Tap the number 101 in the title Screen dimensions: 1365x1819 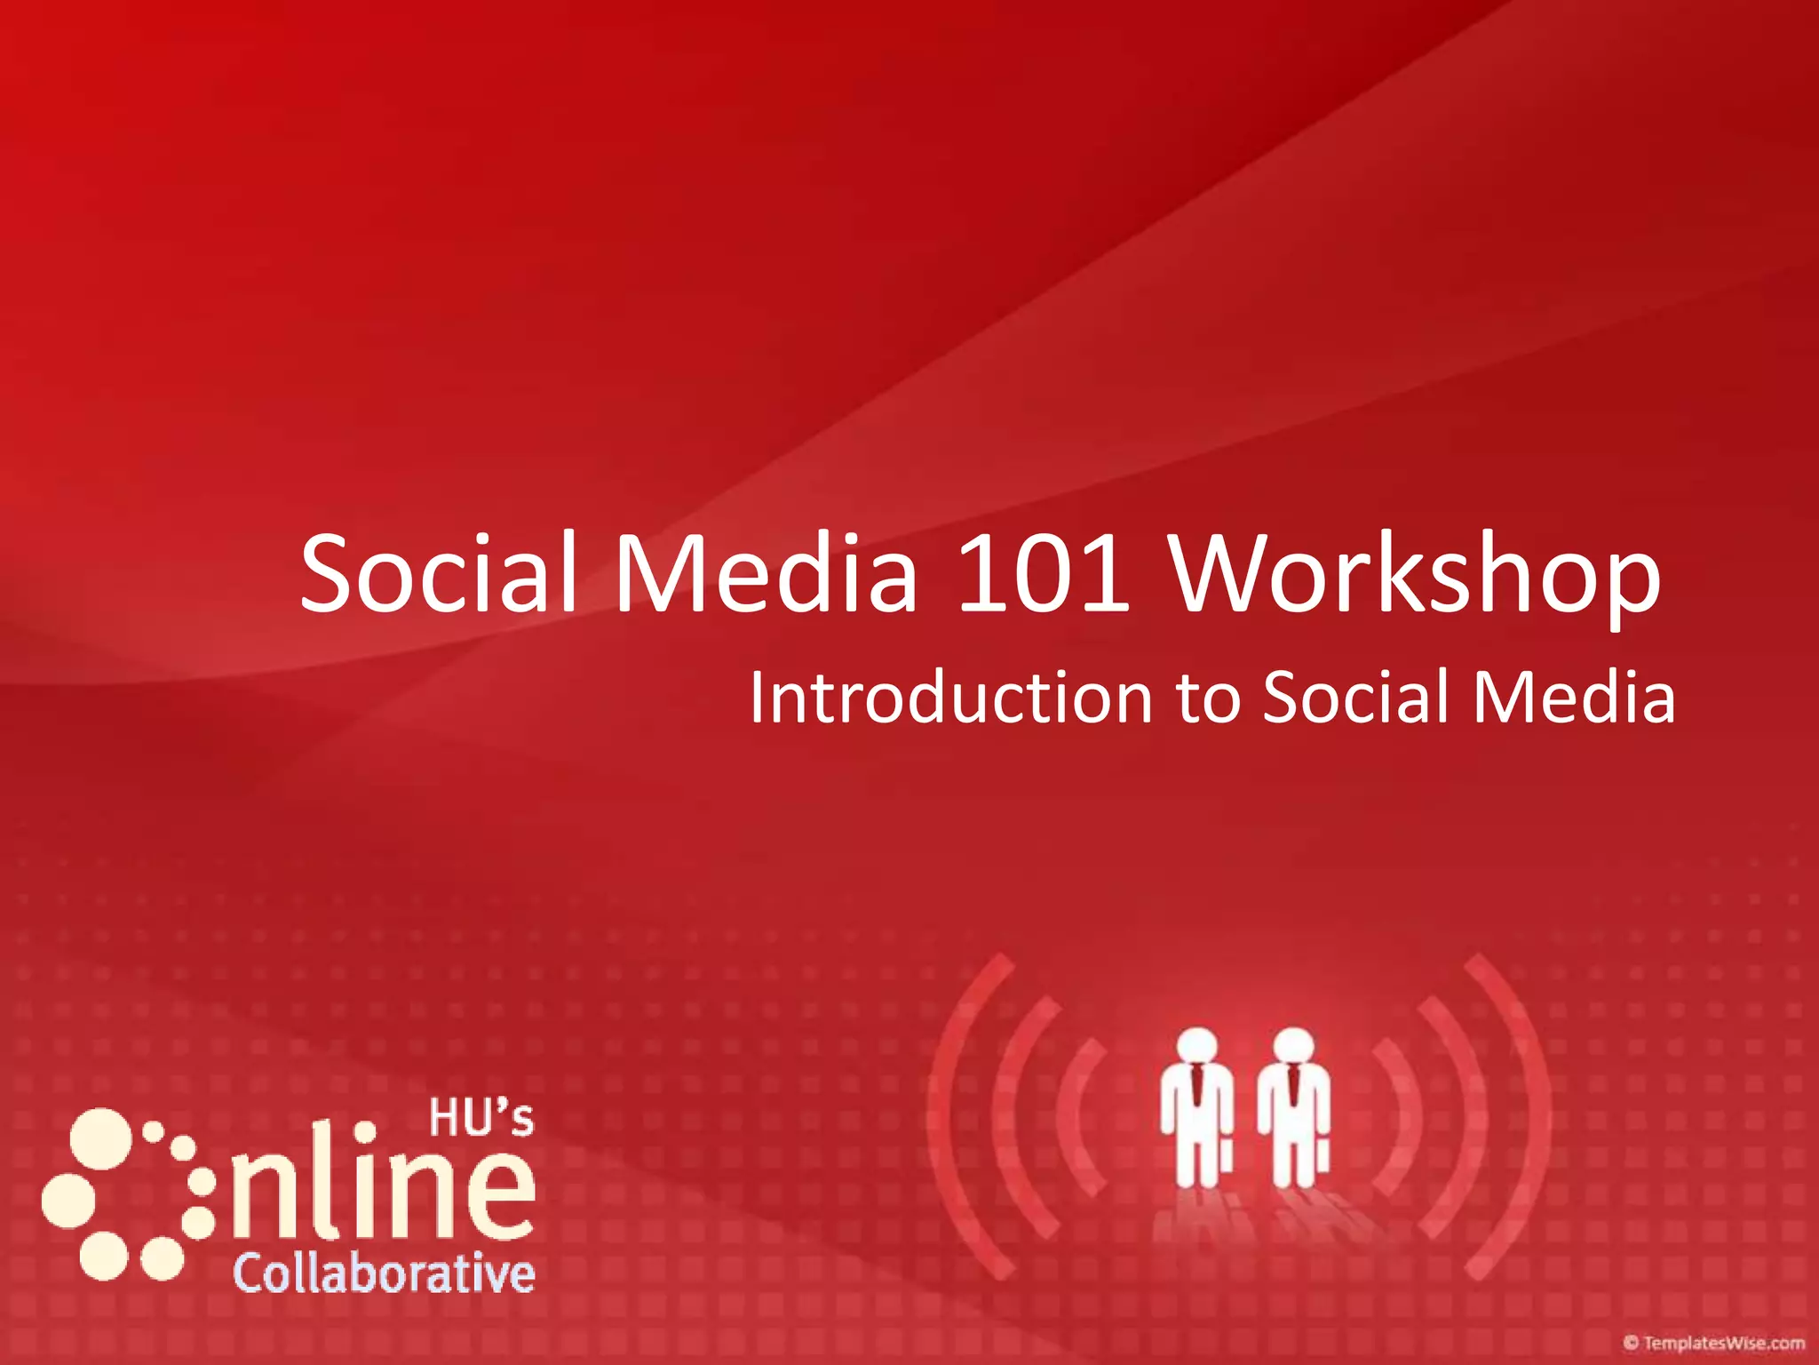click(x=1044, y=573)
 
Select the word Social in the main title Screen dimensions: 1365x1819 click(x=440, y=573)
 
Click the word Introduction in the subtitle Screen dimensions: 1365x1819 click(x=950, y=698)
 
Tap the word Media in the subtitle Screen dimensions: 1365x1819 click(x=1574, y=698)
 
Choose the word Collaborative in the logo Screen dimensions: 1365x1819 click(x=384, y=1273)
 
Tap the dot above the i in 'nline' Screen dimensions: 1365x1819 click(x=364, y=1133)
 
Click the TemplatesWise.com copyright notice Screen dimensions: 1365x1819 click(x=1713, y=1343)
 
